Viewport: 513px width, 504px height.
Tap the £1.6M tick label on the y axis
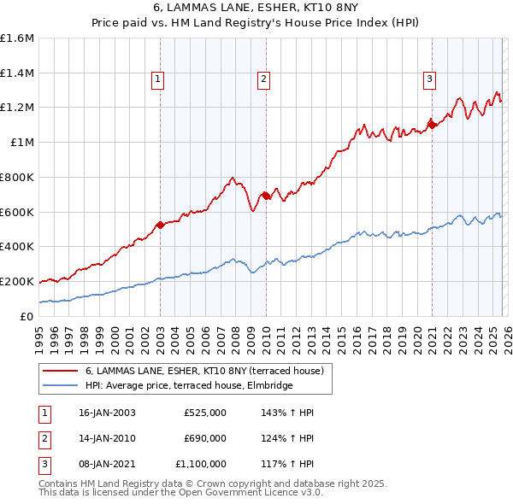(x=17, y=38)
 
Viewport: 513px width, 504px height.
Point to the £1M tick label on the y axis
(x=22, y=143)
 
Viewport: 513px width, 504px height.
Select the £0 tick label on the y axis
(x=27, y=316)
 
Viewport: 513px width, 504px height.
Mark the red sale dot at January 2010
(x=266, y=196)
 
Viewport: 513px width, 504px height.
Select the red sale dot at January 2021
(x=432, y=125)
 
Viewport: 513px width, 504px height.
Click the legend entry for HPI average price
(x=188, y=385)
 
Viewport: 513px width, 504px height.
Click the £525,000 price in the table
(x=204, y=413)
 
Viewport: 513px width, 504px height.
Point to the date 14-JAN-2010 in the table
(x=106, y=438)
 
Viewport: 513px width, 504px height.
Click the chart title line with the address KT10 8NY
(x=256, y=9)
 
